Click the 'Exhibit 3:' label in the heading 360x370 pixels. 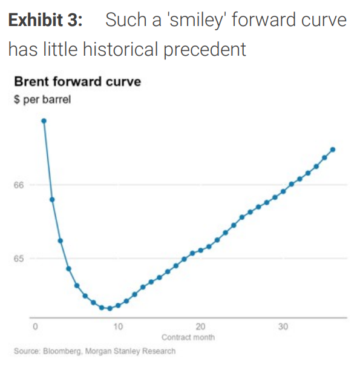point(45,19)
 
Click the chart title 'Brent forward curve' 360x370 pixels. point(77,82)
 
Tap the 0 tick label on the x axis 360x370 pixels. point(35,327)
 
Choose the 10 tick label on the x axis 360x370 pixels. point(117,327)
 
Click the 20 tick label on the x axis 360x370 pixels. point(200,327)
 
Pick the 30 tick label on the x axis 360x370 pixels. point(283,327)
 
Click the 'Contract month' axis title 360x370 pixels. point(188,337)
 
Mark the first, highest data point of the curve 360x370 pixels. point(44,121)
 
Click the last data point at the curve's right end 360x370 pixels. point(333,150)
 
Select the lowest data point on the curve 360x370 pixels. point(110,308)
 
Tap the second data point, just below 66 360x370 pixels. point(52,199)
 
